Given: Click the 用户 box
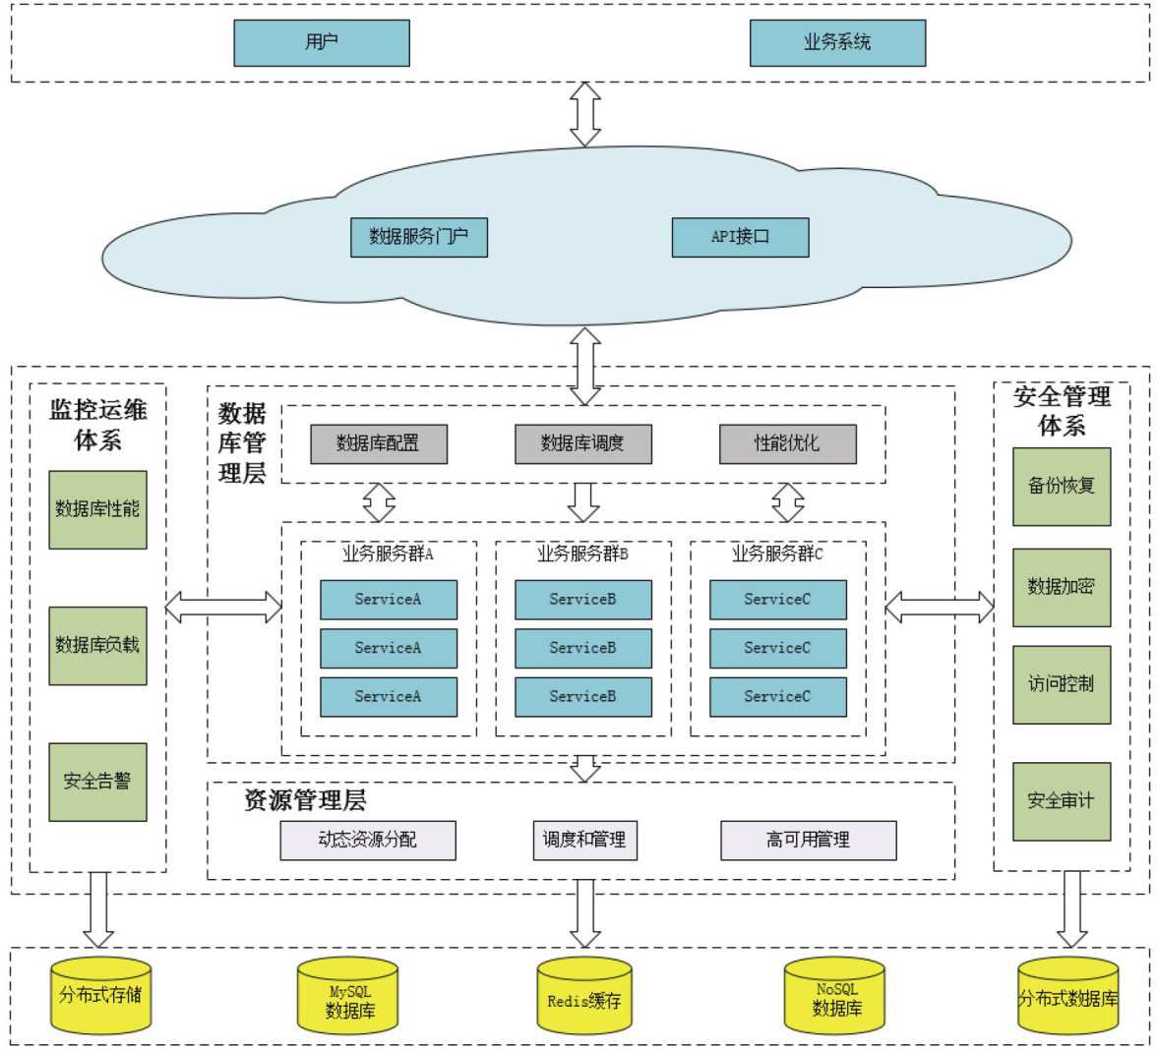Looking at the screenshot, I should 321,42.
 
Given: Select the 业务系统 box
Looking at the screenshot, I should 837,42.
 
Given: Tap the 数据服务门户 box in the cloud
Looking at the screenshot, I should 419,237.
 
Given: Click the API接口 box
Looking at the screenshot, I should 740,237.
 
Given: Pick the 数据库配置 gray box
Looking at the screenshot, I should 379,443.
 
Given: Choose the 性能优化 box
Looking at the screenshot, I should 787,443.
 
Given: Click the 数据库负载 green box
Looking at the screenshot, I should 97,645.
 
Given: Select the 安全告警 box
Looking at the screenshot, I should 97,782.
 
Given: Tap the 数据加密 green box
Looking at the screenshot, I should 1062,587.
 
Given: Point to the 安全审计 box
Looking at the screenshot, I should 1062,801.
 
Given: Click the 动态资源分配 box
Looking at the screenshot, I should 368,841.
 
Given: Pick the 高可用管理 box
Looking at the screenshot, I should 809,841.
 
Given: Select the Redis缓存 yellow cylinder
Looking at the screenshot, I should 584,998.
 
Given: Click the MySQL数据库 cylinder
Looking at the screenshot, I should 348,998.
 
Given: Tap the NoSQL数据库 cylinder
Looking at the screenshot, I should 834,998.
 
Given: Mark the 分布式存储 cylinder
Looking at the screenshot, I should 100,995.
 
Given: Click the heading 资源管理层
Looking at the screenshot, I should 305,800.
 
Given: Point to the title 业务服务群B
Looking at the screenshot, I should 582,554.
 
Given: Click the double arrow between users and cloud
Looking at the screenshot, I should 585,114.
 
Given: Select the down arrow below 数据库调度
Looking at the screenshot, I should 583,501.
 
